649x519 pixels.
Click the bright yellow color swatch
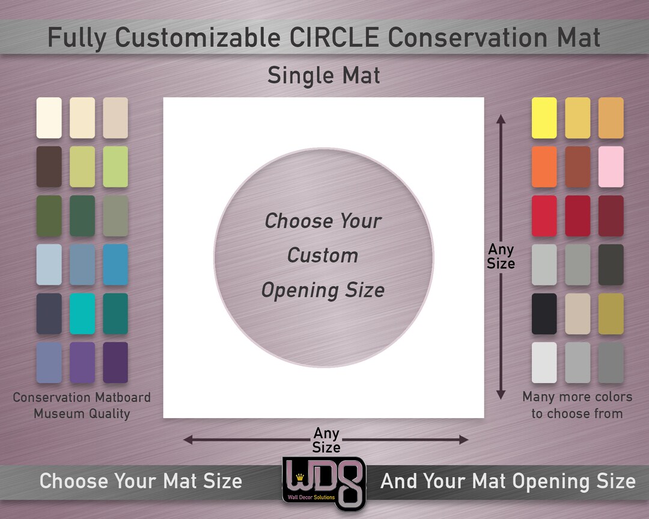coord(544,118)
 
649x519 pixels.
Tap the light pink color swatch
coord(611,167)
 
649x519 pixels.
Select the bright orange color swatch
coord(544,167)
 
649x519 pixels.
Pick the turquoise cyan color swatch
coord(82,314)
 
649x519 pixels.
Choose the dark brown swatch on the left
coord(49,167)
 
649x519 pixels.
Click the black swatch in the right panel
coord(544,314)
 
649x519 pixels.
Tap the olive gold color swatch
coord(611,314)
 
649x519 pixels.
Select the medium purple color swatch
coord(82,362)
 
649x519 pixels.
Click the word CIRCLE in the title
coord(338,37)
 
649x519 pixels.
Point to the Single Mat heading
coord(324,76)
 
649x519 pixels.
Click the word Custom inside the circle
coord(323,255)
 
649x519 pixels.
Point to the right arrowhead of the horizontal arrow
coord(464,440)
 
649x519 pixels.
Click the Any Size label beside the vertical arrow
coord(501,256)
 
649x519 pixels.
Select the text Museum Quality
coord(82,413)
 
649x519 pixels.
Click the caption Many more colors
coord(577,397)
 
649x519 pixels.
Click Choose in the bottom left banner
coord(74,481)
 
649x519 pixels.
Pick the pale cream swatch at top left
coord(49,118)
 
